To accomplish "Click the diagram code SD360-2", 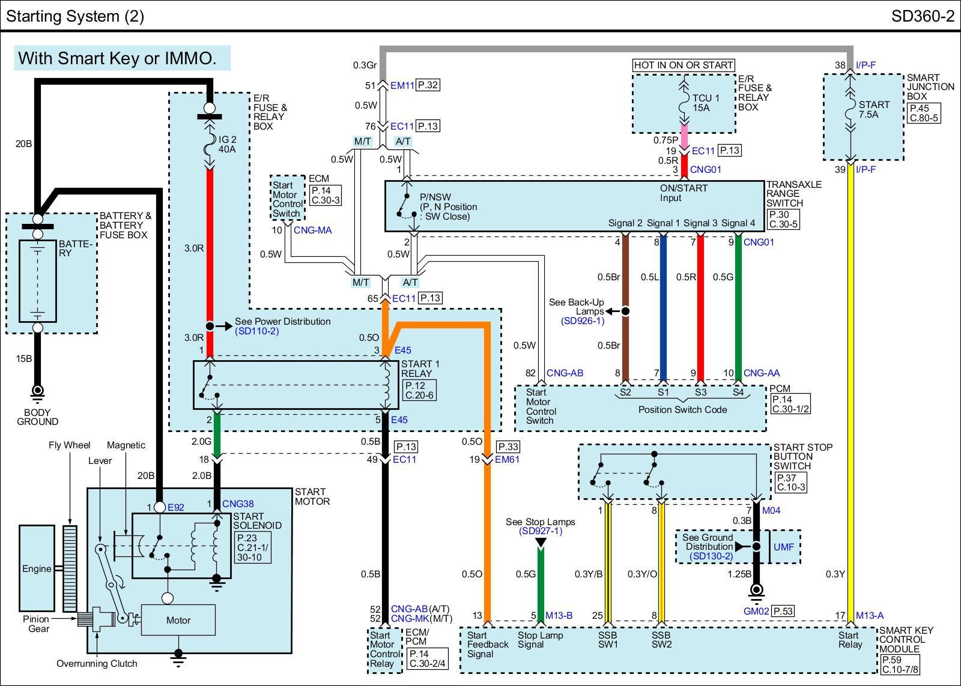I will pos(922,16).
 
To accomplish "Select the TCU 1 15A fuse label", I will pos(705,103).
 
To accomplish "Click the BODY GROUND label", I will pos(37,417).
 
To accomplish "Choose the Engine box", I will pos(37,568).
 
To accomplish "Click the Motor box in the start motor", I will pos(178,620).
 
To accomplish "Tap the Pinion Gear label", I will pos(37,624).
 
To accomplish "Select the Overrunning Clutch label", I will pos(97,663).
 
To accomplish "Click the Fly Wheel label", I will pos(69,445).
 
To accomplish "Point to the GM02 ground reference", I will pos(756,611).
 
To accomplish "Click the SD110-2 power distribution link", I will pos(256,331).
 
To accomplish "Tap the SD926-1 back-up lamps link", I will pos(582,320).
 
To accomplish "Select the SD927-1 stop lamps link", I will pos(540,531).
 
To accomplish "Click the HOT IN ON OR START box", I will pos(684,65).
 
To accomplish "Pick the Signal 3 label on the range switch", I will pos(700,223).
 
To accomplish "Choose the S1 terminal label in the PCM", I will pos(662,392).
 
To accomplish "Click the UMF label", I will pos(783,547).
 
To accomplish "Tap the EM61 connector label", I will pos(508,459).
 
